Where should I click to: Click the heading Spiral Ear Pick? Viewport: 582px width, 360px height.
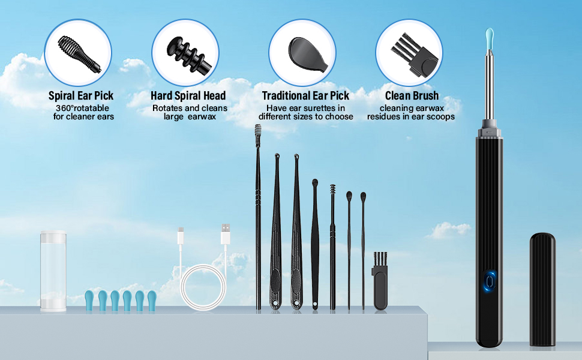pos(81,95)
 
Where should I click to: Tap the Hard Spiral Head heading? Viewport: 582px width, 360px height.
pos(188,95)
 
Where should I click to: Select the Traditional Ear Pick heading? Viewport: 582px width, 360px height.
pos(305,95)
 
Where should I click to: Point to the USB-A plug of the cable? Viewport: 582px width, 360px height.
pos(226,234)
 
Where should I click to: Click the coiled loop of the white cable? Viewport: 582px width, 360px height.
pos(203,288)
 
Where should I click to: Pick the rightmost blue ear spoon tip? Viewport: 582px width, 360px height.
pos(151,300)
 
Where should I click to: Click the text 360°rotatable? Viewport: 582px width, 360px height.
pos(81,108)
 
